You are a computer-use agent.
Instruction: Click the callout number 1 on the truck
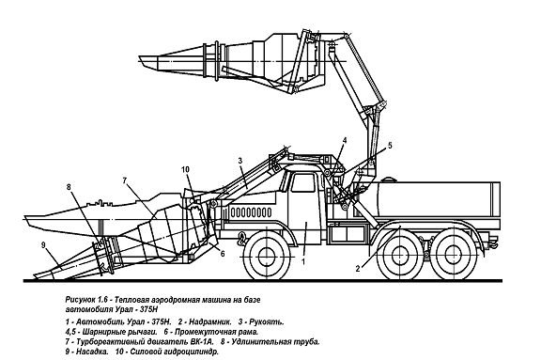click(303, 261)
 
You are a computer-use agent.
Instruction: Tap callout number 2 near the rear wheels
click(358, 268)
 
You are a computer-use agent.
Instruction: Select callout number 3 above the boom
click(240, 161)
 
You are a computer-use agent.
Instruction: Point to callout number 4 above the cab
click(345, 140)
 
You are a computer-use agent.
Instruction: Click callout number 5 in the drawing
click(390, 146)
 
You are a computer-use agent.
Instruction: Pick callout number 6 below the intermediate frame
click(223, 254)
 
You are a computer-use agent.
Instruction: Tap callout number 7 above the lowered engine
click(125, 180)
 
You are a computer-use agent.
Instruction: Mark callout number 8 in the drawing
click(69, 187)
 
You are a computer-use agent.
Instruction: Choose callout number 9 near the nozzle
click(43, 245)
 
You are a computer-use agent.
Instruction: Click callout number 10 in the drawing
click(185, 169)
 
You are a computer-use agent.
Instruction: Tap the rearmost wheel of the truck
click(451, 255)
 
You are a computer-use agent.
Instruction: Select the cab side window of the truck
click(302, 183)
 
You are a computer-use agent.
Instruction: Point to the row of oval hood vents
click(251, 211)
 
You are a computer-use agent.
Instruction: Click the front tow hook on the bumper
click(242, 239)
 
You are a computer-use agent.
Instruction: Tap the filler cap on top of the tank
click(389, 180)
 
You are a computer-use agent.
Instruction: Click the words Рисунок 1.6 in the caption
click(88, 300)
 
